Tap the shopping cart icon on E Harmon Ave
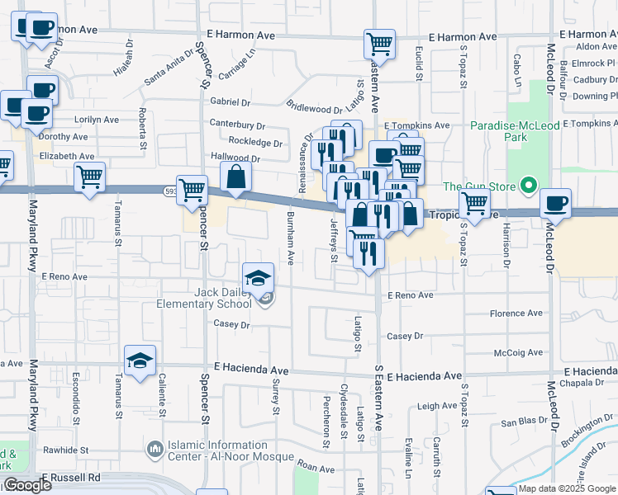[x=379, y=43]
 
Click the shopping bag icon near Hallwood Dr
[x=236, y=177]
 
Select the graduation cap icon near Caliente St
[x=140, y=361]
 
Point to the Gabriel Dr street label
[x=230, y=102]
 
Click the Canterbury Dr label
[x=237, y=125]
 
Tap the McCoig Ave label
[x=517, y=352]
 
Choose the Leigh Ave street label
[x=437, y=406]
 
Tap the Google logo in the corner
[x=26, y=485]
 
